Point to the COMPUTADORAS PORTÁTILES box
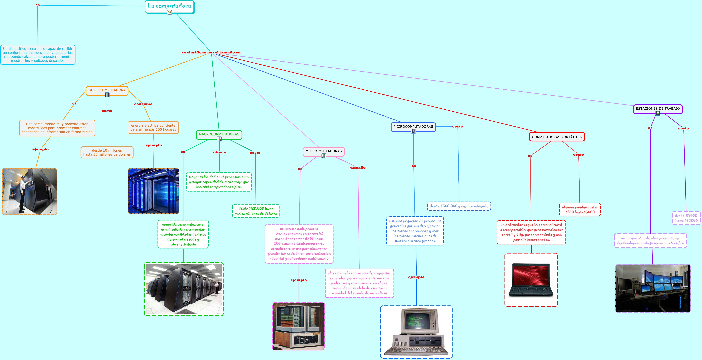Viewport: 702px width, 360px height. (x=557, y=137)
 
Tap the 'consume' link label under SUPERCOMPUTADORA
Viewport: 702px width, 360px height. (x=143, y=104)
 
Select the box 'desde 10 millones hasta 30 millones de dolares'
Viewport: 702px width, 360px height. (x=107, y=152)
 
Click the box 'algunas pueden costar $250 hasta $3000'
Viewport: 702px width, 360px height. (x=580, y=210)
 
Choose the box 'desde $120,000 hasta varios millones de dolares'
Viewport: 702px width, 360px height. (x=256, y=211)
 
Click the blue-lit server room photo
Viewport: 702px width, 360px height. (x=153, y=191)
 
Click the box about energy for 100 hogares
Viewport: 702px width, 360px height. (x=153, y=128)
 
